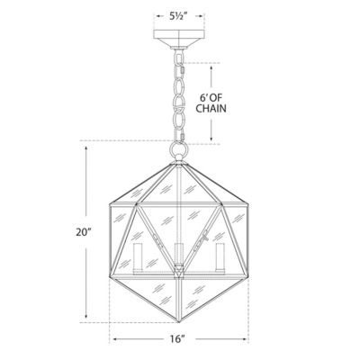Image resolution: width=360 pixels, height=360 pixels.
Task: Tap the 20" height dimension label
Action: click(83, 232)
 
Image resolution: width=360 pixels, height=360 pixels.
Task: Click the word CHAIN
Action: click(211, 108)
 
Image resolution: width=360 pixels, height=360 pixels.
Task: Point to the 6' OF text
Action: click(211, 98)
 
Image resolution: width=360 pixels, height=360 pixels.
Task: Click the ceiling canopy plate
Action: click(179, 40)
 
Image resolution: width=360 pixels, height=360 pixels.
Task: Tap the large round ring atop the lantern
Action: click(179, 149)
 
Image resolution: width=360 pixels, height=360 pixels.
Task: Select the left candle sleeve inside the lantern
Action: click(138, 257)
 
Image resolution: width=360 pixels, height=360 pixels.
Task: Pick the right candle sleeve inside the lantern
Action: click(220, 257)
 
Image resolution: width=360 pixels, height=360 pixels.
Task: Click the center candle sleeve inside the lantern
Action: click(179, 254)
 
